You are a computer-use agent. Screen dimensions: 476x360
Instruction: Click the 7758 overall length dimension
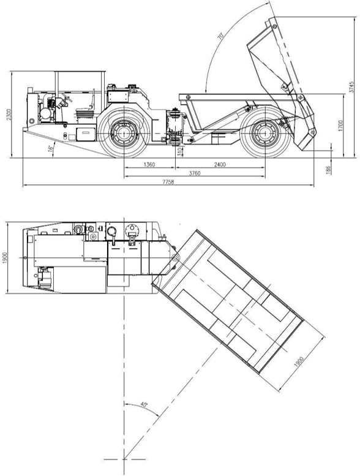[167, 183]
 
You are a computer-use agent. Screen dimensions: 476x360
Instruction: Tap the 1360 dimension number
[149, 165]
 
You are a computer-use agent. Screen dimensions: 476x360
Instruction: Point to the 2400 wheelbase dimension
[220, 165]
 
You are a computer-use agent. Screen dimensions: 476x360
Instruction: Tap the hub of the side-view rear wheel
[265, 132]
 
